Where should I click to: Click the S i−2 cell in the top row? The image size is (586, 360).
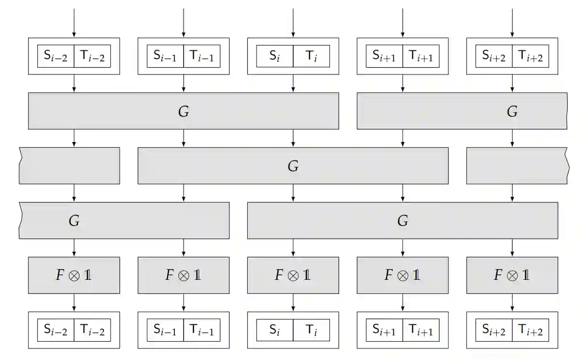point(56,56)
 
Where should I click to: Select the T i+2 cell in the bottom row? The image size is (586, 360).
point(530,330)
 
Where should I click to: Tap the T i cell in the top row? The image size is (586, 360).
point(311,56)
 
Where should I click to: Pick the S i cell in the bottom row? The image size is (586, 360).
point(274,330)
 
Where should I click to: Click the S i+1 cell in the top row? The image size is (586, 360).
point(384,56)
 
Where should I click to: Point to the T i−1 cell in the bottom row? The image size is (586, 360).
point(201,330)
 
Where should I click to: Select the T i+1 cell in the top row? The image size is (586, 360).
point(421,56)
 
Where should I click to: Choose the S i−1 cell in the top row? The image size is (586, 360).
point(165,56)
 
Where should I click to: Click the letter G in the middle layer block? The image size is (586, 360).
point(293,166)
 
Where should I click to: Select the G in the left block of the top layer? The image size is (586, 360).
point(184,112)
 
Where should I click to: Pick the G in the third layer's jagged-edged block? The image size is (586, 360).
point(74,221)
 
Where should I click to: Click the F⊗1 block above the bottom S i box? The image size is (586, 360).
point(293,275)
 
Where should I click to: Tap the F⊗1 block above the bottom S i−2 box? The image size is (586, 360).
point(74,275)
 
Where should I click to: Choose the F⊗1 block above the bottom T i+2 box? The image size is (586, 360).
point(512,275)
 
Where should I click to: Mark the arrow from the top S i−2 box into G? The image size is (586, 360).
point(74,84)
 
